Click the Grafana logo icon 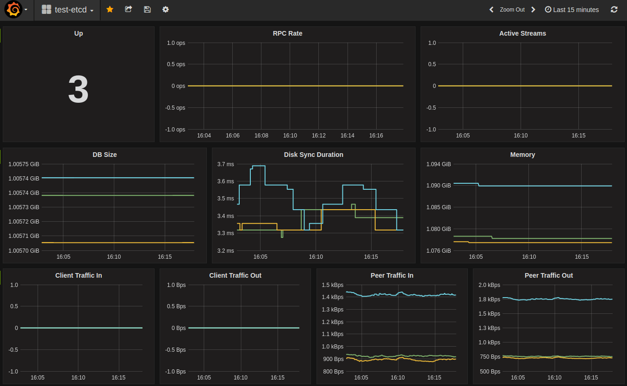pyautogui.click(x=14, y=10)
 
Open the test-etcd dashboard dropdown pyautogui.click(x=68, y=10)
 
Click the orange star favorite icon pyautogui.click(x=110, y=9)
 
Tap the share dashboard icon pyautogui.click(x=129, y=9)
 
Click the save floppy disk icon pyautogui.click(x=147, y=9)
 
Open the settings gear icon pyautogui.click(x=166, y=9)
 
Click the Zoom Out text pyautogui.click(x=512, y=10)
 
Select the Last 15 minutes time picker pyautogui.click(x=572, y=10)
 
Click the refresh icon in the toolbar pyautogui.click(x=614, y=9)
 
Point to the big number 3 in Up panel pyautogui.click(x=78, y=90)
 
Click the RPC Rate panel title pyautogui.click(x=287, y=33)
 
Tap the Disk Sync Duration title pyautogui.click(x=313, y=155)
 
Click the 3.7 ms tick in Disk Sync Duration pyautogui.click(x=225, y=164)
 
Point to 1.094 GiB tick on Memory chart pyautogui.click(x=438, y=164)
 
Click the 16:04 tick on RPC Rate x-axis pyautogui.click(x=204, y=136)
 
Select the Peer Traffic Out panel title pyautogui.click(x=548, y=275)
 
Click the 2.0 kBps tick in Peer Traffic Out pyautogui.click(x=489, y=285)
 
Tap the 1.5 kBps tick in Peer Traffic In pyautogui.click(x=332, y=285)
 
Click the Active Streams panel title pyautogui.click(x=522, y=33)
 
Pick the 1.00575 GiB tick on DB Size pyautogui.click(x=24, y=164)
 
